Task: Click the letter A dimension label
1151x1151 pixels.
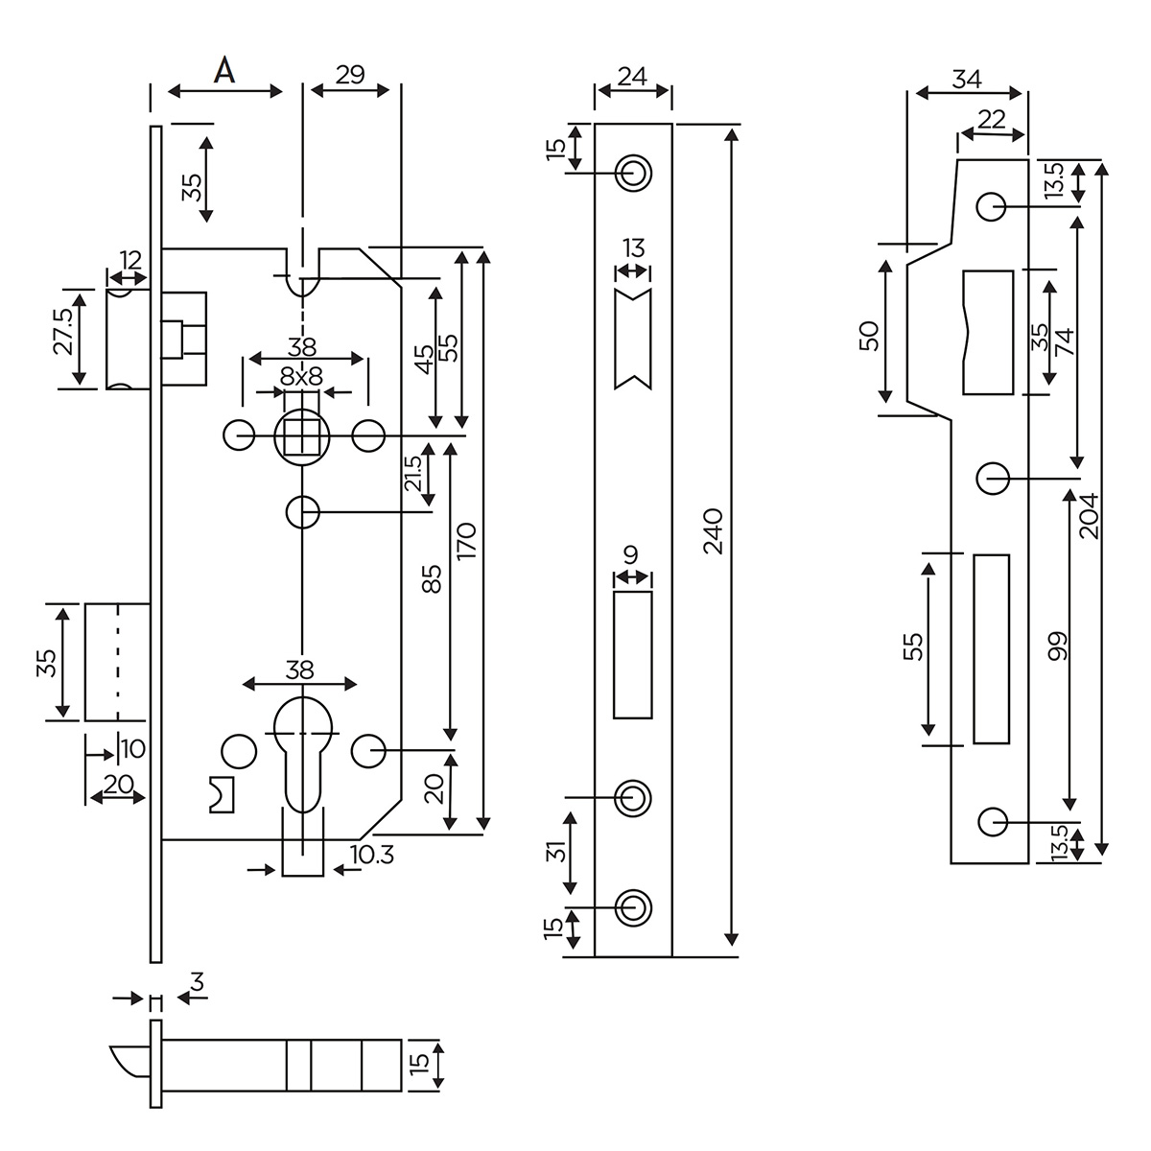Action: (223, 70)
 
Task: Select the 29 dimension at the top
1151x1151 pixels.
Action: (351, 75)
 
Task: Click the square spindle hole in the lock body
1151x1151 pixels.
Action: (301, 437)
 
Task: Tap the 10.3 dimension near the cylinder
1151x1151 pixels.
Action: (373, 854)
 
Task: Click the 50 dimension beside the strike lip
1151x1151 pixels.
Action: (869, 336)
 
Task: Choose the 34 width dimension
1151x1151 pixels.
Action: (967, 80)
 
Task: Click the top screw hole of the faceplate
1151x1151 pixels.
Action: (632, 173)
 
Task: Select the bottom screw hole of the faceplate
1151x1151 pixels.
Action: (632, 906)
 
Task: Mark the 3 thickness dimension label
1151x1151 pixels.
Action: (196, 982)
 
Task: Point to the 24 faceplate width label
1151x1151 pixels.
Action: (632, 78)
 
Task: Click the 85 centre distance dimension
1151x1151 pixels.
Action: (433, 578)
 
